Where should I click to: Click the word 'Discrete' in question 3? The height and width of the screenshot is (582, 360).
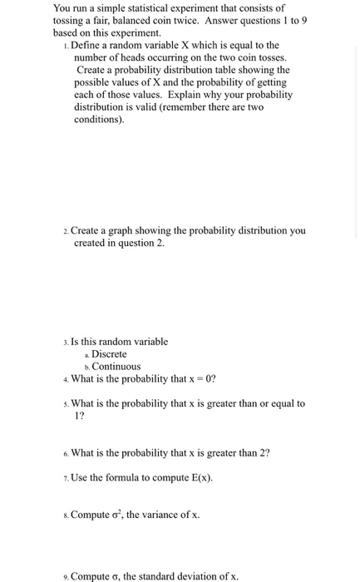tap(109, 354)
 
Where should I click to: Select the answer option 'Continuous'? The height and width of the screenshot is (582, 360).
tap(116, 367)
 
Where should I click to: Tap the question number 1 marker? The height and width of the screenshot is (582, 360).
tap(66, 46)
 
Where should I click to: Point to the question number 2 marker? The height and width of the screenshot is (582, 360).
tap(66, 231)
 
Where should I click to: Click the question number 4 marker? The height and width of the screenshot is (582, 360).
tap(66, 379)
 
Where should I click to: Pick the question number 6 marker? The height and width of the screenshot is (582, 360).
tap(66, 453)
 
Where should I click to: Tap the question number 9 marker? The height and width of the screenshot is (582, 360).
tap(66, 576)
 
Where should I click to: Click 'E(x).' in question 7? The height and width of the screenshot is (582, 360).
tap(199, 477)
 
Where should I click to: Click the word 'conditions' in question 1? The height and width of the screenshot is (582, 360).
tap(98, 120)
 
